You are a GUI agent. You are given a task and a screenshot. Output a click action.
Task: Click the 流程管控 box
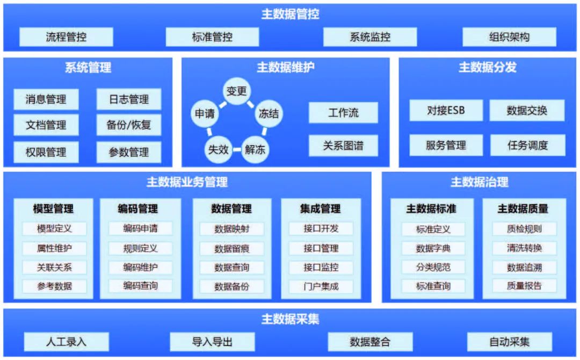(x=66, y=38)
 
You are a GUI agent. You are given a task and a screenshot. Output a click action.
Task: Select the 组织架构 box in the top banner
(x=509, y=38)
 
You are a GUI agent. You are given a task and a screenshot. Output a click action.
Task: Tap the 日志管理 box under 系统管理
(x=129, y=99)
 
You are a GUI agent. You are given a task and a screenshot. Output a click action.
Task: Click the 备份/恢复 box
(x=129, y=125)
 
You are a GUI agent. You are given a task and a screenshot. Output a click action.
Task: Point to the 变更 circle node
(x=236, y=91)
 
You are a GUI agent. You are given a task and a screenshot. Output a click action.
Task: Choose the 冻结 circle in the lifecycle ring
(x=268, y=113)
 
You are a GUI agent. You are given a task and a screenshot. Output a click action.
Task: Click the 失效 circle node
(x=218, y=149)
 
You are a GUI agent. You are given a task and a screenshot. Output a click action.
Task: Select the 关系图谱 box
(x=343, y=146)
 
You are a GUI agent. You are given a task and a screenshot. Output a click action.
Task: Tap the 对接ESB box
(x=446, y=111)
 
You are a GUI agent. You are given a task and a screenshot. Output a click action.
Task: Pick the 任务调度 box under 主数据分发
(x=527, y=146)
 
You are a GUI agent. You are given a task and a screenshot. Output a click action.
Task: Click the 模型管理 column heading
(x=53, y=208)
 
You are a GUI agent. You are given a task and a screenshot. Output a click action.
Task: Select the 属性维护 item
(x=54, y=248)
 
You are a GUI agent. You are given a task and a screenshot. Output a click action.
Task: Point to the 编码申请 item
(x=140, y=228)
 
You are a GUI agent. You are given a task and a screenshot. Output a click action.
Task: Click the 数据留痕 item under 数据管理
(x=231, y=249)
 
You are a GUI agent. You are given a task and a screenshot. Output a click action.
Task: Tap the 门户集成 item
(x=321, y=286)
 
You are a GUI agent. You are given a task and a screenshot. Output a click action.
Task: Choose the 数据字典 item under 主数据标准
(x=433, y=249)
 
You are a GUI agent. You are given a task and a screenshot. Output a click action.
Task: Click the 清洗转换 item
(x=524, y=248)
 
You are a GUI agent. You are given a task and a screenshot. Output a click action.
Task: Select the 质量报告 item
(x=524, y=286)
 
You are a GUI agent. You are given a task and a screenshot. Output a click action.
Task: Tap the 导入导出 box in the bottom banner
(x=212, y=342)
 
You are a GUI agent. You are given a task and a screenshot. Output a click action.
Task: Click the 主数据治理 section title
(x=479, y=182)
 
